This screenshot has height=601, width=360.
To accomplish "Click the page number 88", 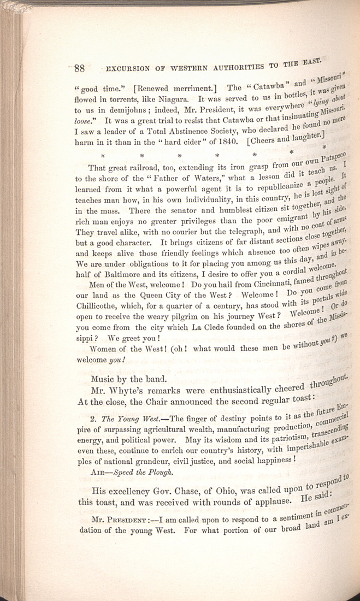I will point(80,69).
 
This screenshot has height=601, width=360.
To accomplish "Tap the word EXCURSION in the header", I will point(127,70).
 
